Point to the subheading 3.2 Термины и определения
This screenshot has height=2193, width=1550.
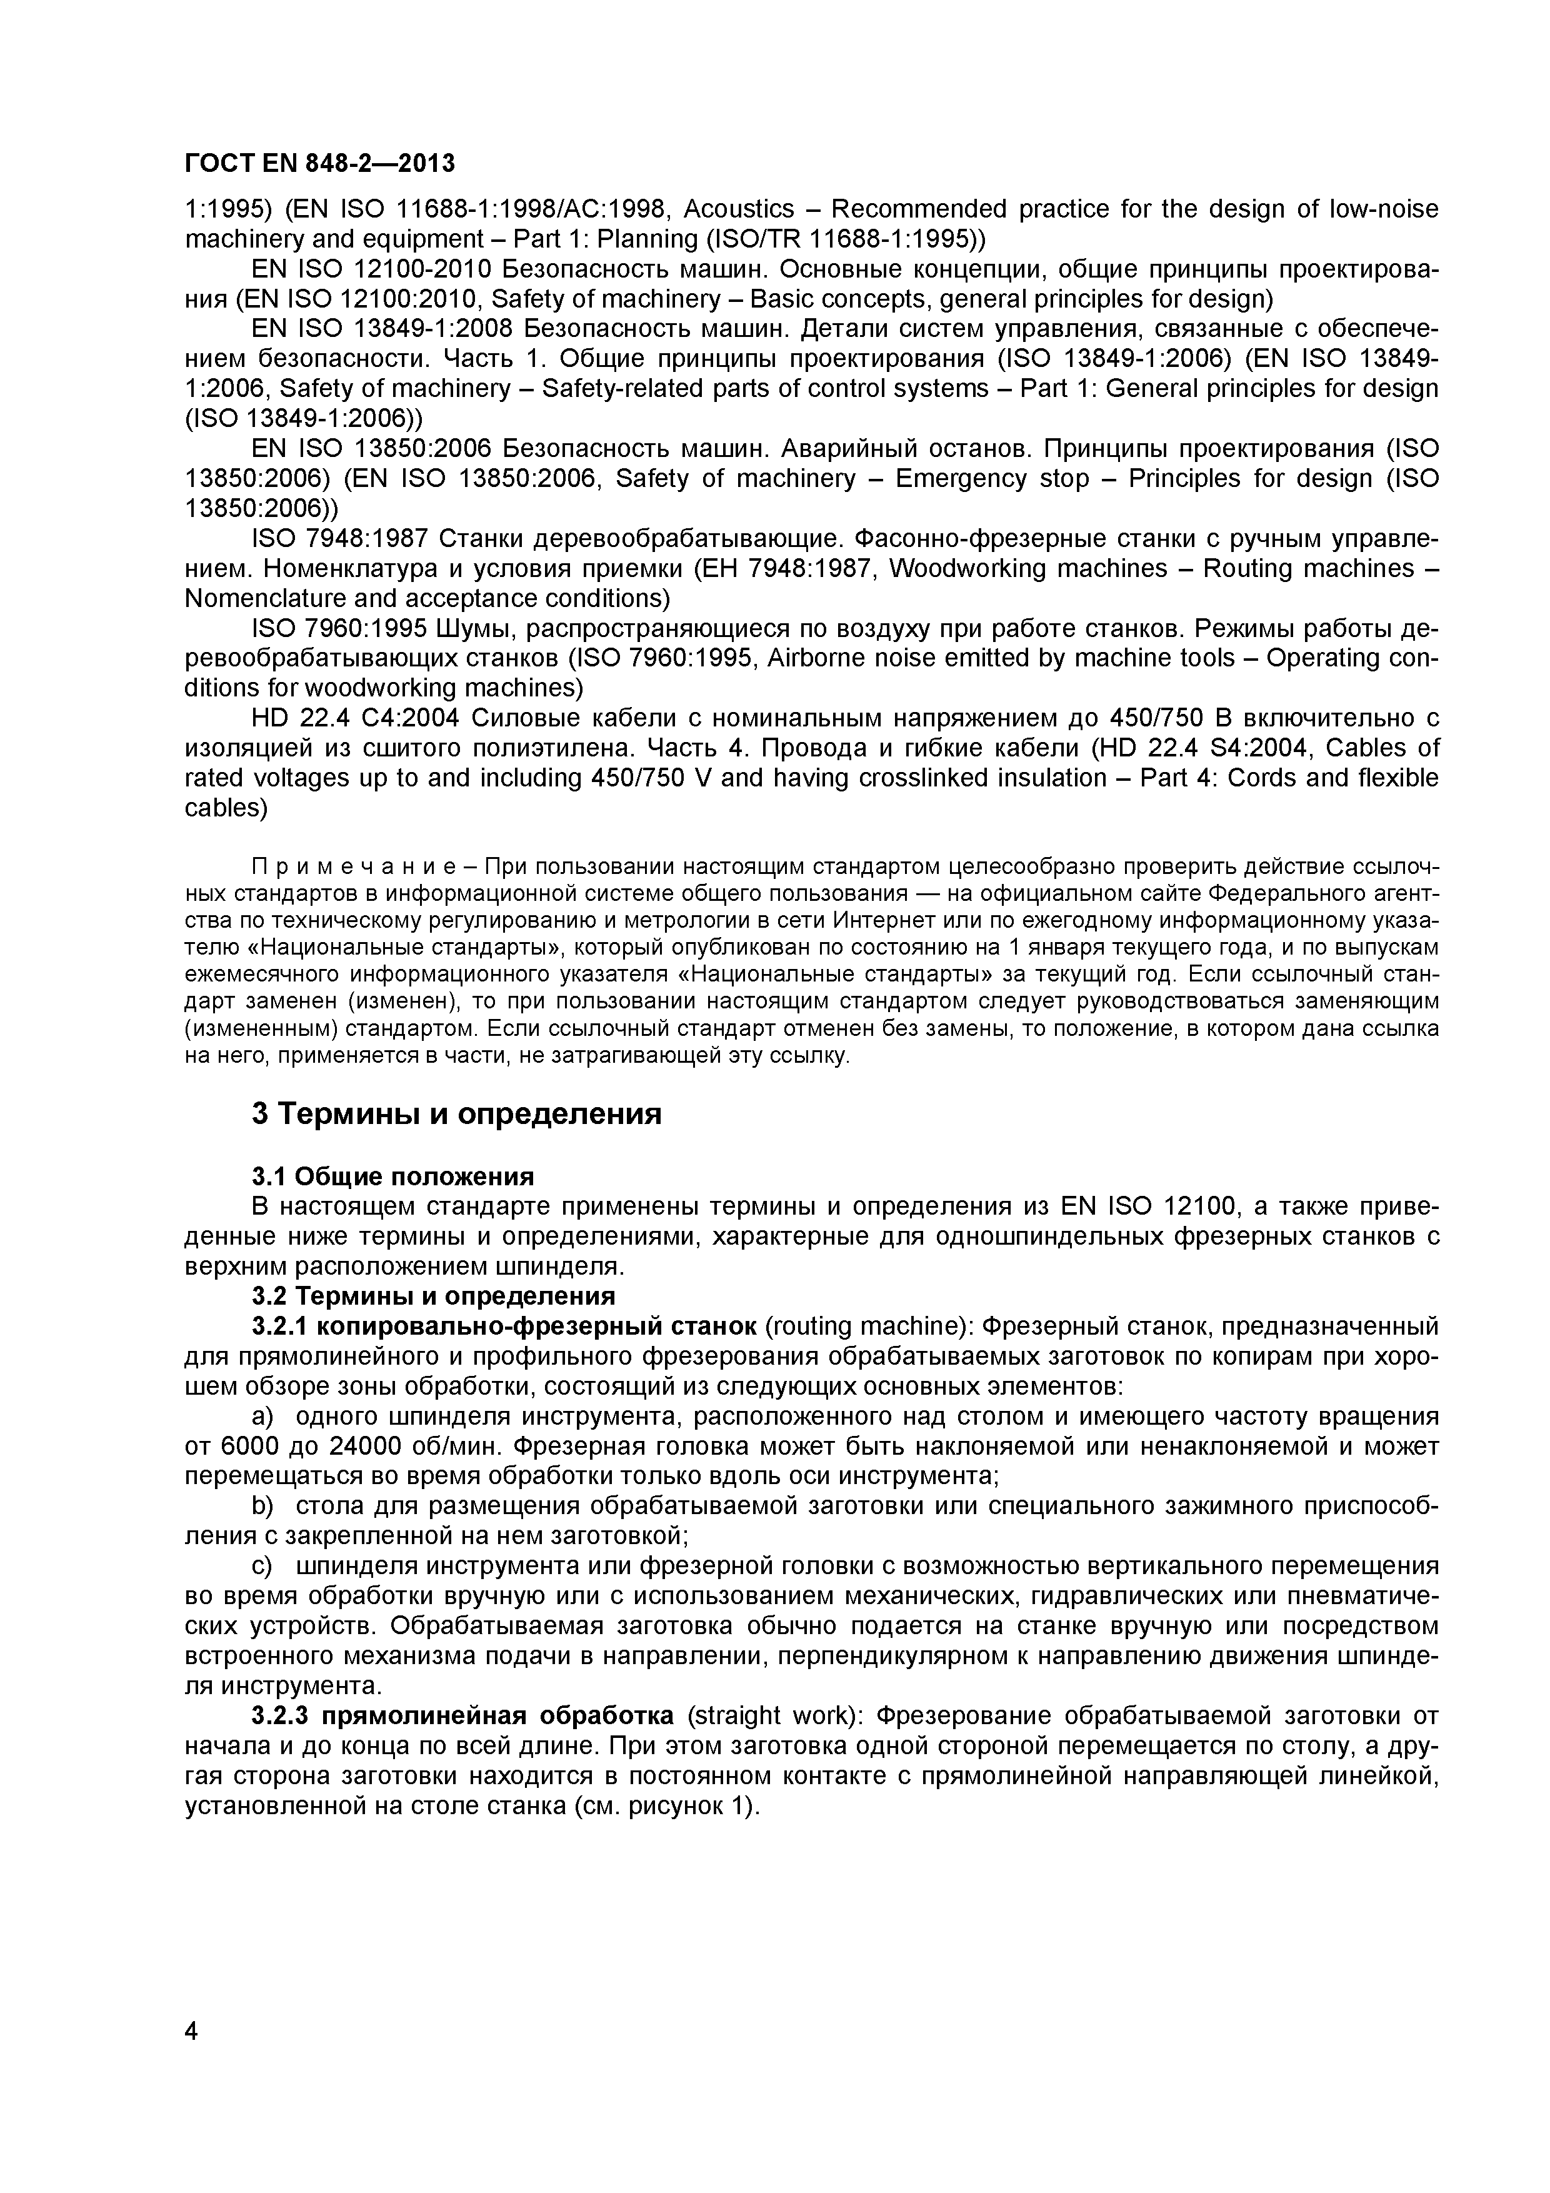tap(434, 1296)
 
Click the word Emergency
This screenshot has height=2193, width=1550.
tap(962, 478)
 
